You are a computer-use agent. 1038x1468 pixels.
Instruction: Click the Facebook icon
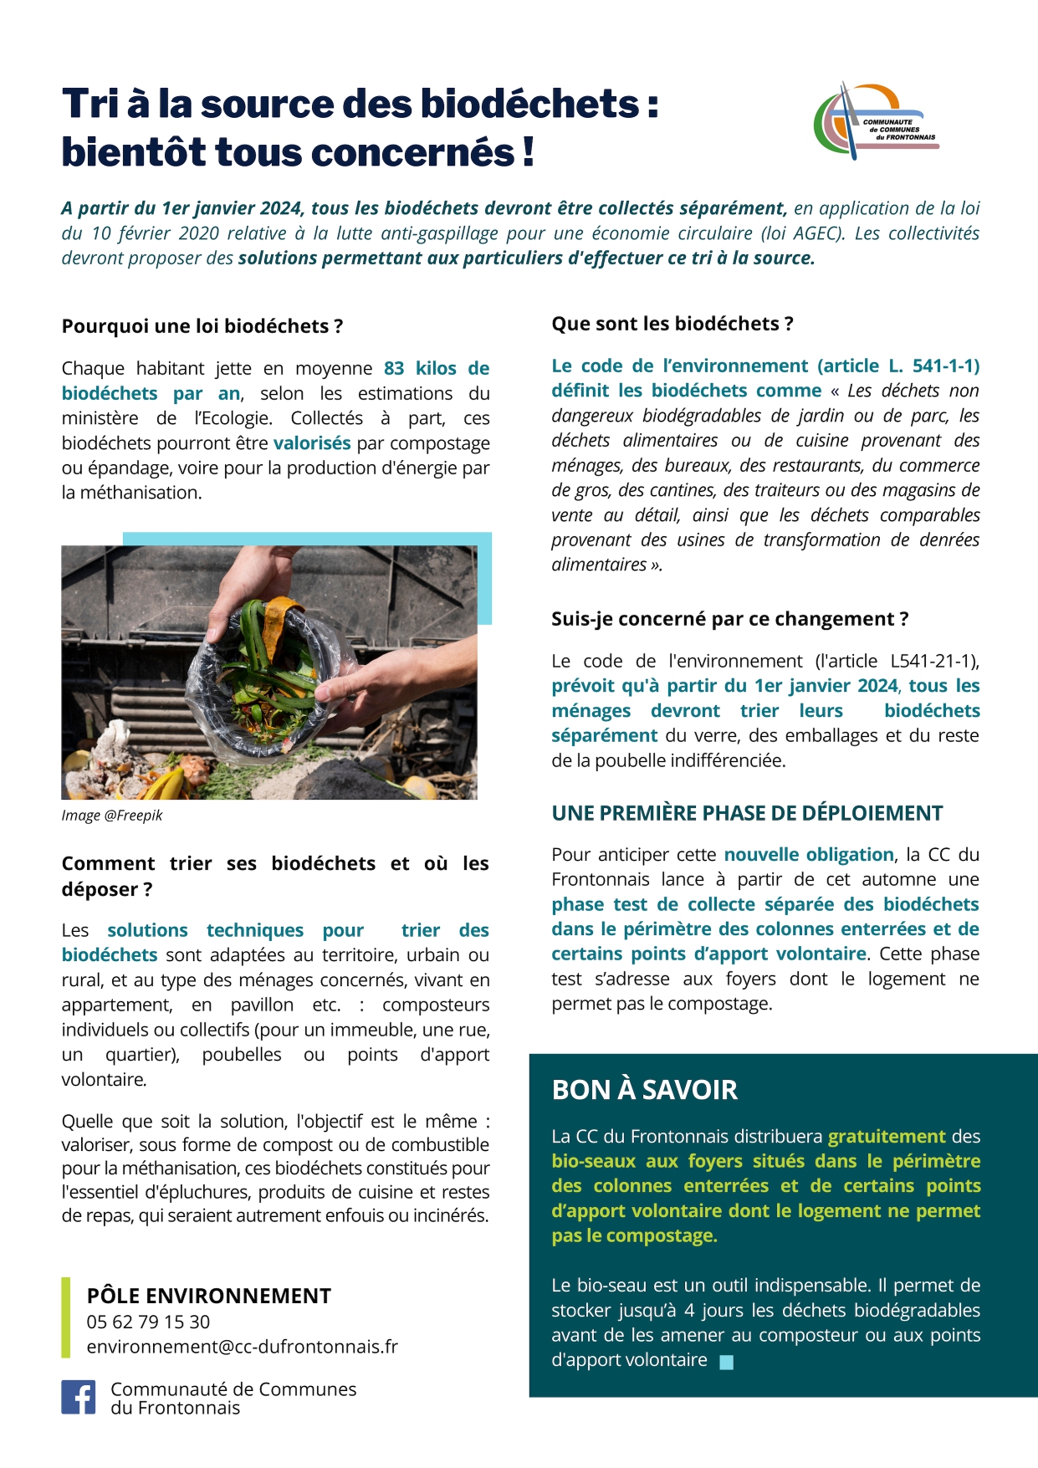pyautogui.click(x=79, y=1397)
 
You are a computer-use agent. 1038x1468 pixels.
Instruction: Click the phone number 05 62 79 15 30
pyautogui.click(x=148, y=1322)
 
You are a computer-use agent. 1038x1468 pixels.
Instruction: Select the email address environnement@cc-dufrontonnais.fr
pyautogui.click(x=242, y=1347)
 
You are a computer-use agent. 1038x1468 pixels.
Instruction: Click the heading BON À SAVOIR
pyautogui.click(x=644, y=1090)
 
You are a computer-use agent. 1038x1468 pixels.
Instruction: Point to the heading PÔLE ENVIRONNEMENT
pyautogui.click(x=208, y=1296)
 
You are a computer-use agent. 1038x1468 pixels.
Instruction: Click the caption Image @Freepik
pyautogui.click(x=111, y=816)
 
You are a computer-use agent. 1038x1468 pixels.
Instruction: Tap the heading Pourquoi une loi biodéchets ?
pyautogui.click(x=202, y=326)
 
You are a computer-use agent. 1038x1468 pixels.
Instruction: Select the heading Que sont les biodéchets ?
pyautogui.click(x=672, y=324)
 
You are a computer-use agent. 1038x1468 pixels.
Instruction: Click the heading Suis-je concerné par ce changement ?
pyautogui.click(x=729, y=619)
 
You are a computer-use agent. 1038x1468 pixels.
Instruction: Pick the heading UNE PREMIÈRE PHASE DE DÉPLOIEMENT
pyautogui.click(x=746, y=813)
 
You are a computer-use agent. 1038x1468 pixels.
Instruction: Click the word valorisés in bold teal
pyautogui.click(x=312, y=443)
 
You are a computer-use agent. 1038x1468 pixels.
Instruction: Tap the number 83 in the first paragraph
pyautogui.click(x=394, y=369)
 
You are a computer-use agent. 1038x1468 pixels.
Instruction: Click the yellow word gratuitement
pyautogui.click(x=887, y=1137)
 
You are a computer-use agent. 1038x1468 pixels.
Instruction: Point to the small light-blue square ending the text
pyautogui.click(x=726, y=1362)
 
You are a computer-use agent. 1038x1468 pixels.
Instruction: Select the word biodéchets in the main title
pyautogui.click(x=529, y=104)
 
